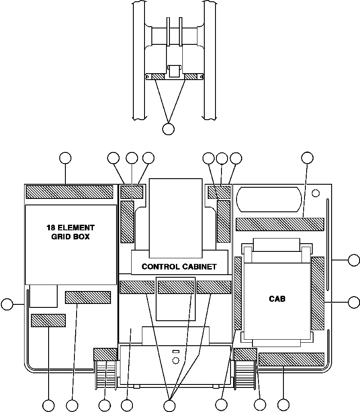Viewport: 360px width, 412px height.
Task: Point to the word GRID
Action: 59,236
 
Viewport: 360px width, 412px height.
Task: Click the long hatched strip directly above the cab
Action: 280,224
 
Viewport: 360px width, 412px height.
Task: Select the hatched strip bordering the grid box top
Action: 69,192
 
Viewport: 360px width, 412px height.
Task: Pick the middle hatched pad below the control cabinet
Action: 175,287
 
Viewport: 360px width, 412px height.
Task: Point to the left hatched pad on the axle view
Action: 158,77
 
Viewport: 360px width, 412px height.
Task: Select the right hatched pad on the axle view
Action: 191,77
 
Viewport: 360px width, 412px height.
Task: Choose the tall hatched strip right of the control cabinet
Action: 224,222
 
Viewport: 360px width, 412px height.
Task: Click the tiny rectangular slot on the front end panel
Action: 175,352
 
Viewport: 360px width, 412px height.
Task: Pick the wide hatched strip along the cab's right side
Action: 317,294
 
